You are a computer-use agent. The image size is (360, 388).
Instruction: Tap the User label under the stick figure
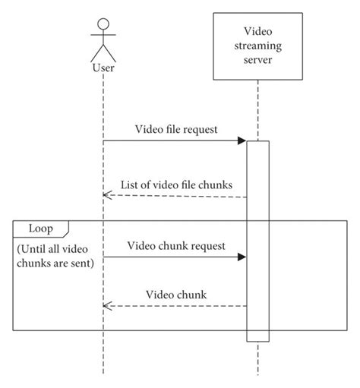103,69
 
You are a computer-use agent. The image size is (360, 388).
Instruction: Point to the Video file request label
177,129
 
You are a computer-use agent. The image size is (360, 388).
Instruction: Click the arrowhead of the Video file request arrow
242,140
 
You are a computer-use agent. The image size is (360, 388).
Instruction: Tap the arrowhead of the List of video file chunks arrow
106,196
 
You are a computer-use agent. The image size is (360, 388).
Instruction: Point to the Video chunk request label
176,245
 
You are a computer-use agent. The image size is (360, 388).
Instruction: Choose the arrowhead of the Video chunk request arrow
242,257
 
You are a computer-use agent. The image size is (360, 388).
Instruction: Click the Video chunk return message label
176,294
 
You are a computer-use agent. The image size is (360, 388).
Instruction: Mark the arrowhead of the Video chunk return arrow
106,306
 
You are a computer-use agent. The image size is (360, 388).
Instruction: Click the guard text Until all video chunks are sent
55,256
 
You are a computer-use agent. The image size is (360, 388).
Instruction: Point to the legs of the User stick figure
103,54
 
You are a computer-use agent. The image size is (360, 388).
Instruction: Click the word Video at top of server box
257,32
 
